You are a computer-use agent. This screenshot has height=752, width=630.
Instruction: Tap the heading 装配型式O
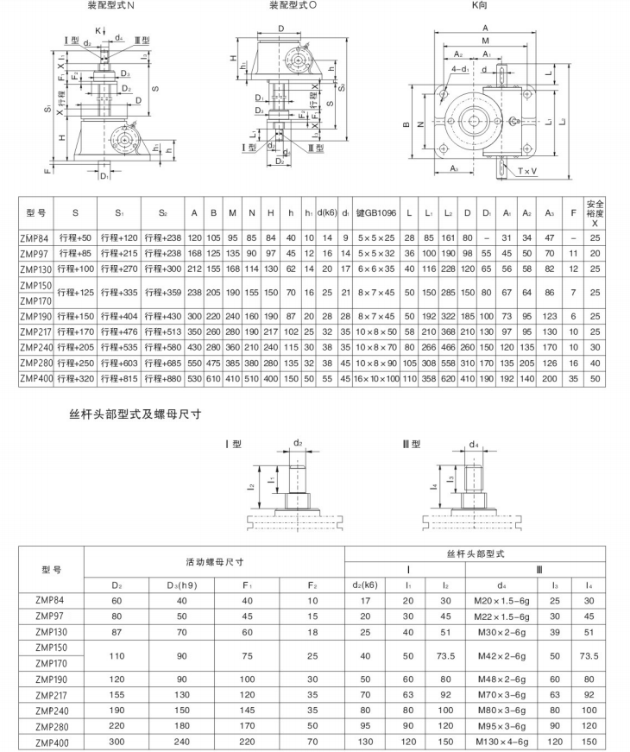[x=293, y=6]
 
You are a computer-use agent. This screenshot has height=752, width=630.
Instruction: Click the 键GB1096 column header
[x=375, y=212]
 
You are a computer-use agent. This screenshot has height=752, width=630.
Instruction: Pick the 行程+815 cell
[x=119, y=379]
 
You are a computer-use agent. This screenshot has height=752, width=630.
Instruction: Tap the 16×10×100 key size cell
[x=375, y=379]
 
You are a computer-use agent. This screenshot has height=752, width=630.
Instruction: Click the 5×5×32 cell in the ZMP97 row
[x=375, y=253]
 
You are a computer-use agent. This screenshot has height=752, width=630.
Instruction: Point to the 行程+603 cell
[x=119, y=364]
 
